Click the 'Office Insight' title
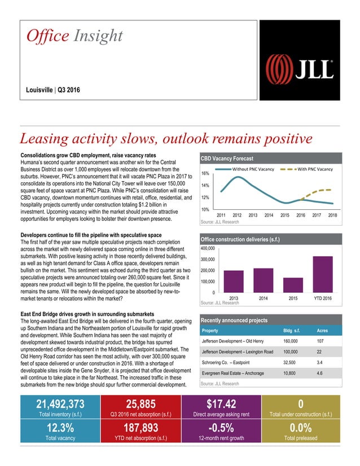click(x=75, y=36)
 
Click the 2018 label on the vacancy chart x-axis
click(x=332, y=215)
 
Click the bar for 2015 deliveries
click(x=293, y=284)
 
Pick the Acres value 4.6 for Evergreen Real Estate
click(x=319, y=373)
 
